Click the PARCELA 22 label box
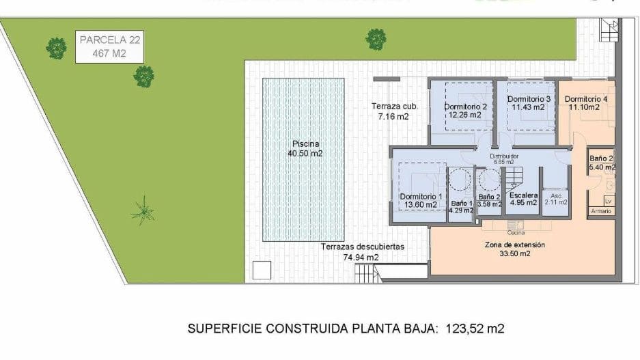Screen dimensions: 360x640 pyautogui.click(x=109, y=47)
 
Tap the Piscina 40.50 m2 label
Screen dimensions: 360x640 pyautogui.click(x=305, y=149)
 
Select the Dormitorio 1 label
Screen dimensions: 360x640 pyautogui.click(x=421, y=201)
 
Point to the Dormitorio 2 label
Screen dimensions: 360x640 pyautogui.click(x=464, y=111)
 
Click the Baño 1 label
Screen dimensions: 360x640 pyautogui.click(x=461, y=207)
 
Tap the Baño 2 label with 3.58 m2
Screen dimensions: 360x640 pyautogui.click(x=489, y=200)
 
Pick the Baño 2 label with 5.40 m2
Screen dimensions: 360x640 pyautogui.click(x=601, y=163)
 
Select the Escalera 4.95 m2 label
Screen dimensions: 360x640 pyautogui.click(x=523, y=199)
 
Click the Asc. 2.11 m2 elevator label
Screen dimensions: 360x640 pyautogui.click(x=555, y=199)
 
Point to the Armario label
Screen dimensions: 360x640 pyautogui.click(x=601, y=211)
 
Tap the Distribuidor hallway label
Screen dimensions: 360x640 pyautogui.click(x=504, y=159)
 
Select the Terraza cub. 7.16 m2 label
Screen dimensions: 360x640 pyautogui.click(x=394, y=111)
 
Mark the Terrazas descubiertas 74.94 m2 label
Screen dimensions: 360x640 pyautogui.click(x=363, y=252)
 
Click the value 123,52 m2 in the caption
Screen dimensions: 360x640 pyautogui.click(x=475, y=329)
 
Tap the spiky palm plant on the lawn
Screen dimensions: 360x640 pyautogui.click(x=143, y=211)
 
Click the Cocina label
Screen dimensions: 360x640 pyautogui.click(x=516, y=233)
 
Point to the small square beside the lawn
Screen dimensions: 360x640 pyautogui.click(x=261, y=270)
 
